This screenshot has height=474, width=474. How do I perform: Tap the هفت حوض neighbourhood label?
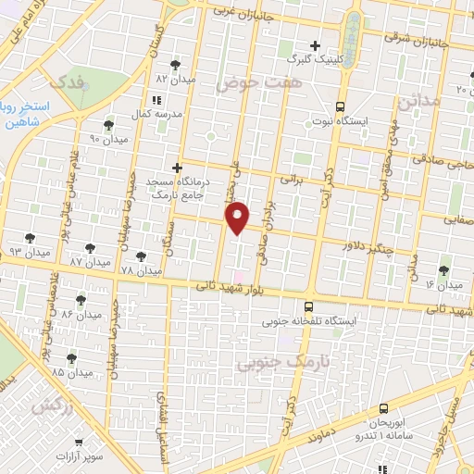click(247, 82)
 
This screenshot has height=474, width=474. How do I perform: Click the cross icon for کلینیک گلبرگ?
click(316, 44)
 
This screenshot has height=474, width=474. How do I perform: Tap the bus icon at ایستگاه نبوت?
click(341, 106)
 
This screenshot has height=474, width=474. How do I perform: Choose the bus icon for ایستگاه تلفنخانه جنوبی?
click(308, 306)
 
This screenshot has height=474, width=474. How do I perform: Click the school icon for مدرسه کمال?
click(156, 99)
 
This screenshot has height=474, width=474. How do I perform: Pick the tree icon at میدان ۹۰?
click(109, 125)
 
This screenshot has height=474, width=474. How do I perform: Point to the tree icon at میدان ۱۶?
click(443, 269)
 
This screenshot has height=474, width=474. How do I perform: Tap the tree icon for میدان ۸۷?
click(90, 248)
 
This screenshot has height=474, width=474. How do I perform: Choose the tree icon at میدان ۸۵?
click(71, 357)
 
